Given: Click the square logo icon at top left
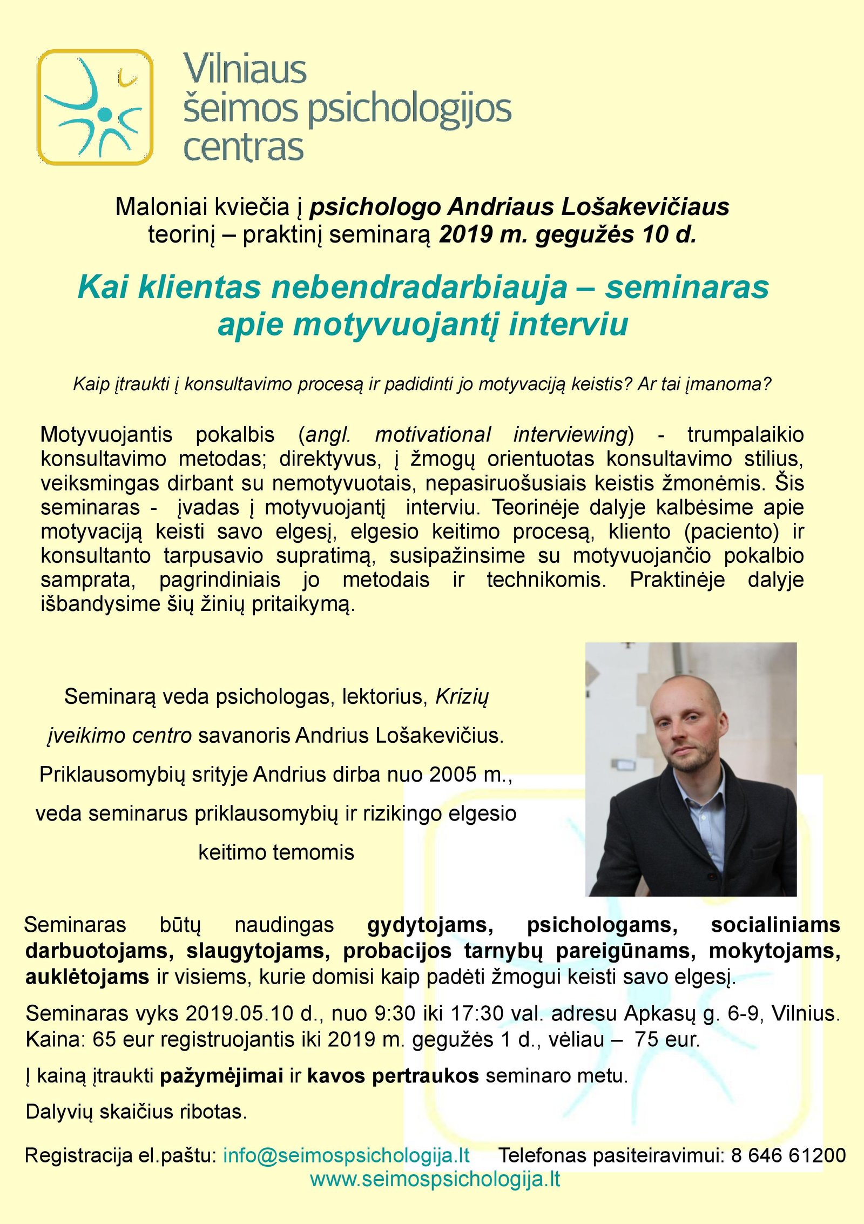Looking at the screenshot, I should tap(95, 107).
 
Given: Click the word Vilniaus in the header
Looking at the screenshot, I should tap(245, 70).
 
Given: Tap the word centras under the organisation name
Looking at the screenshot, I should tap(244, 148).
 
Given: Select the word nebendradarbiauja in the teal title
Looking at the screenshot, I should tap(420, 287).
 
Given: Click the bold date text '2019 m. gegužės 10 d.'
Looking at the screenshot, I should tap(568, 234).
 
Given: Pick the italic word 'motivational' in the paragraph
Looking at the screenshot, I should tap(433, 435).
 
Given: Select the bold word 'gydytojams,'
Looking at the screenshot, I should tap(430, 925).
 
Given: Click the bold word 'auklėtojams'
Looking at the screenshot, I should tap(87, 977).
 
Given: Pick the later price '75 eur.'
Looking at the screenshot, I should tap(667, 1040).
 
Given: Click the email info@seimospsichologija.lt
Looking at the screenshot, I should tap(346, 1155).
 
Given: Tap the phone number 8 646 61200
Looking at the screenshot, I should tap(788, 1155).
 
